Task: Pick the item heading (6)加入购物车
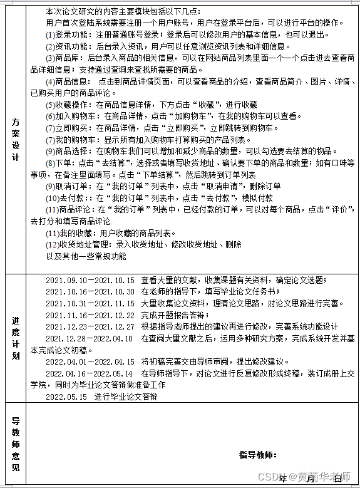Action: click(x=71, y=116)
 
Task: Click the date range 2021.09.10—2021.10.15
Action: click(x=90, y=280)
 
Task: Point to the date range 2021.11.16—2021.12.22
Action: click(x=90, y=315)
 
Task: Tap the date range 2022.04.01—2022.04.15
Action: click(x=90, y=362)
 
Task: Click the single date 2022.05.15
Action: click(x=66, y=397)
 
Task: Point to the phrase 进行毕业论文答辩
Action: click(x=126, y=397)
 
